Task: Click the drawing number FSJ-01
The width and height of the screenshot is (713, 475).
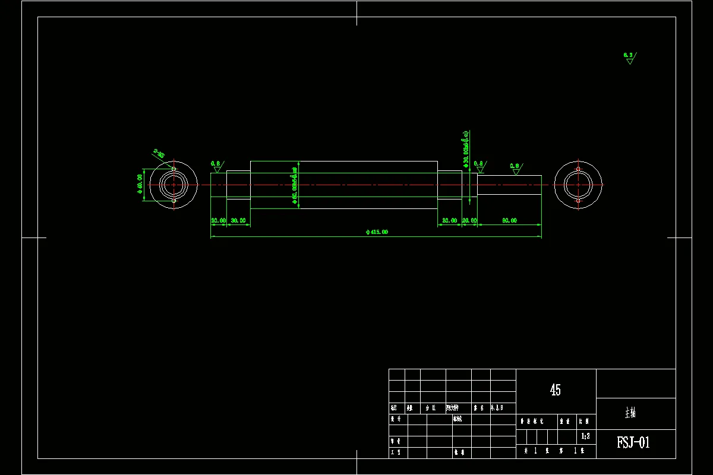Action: pos(633,443)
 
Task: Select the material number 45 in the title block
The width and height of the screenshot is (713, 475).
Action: pos(556,390)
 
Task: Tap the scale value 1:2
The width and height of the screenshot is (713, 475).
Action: pos(585,436)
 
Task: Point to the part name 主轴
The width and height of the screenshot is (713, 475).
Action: pos(630,413)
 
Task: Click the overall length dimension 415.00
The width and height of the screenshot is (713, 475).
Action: pos(377,232)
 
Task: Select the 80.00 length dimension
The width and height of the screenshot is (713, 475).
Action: pos(509,220)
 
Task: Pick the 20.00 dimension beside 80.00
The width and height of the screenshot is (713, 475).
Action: pos(469,220)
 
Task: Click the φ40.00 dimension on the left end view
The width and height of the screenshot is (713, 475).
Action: pos(140,185)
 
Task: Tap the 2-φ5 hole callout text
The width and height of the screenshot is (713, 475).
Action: pos(159,154)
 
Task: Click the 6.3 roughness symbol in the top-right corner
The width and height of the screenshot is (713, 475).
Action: pos(629,58)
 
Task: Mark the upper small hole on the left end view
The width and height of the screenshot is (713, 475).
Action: pos(173,169)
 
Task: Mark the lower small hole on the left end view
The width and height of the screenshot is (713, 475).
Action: pos(173,201)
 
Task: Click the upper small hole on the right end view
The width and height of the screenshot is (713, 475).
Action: pos(578,169)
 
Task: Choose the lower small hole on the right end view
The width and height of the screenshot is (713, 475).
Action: pos(578,201)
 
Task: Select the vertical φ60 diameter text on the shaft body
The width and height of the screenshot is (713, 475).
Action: pos(294,185)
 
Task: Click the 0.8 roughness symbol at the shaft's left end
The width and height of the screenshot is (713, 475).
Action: pos(216,166)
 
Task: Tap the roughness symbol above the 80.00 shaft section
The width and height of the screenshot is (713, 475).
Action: pos(515,169)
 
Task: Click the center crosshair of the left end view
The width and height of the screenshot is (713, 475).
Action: pos(173,185)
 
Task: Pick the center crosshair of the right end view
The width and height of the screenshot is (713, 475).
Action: pos(578,185)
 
